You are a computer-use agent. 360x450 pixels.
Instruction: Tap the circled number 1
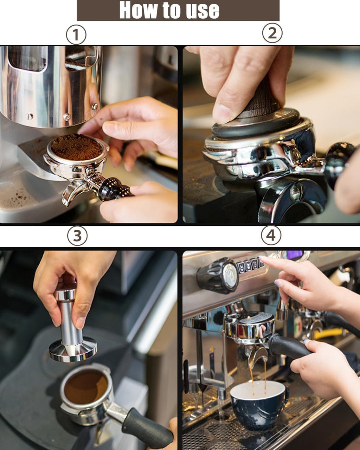76,34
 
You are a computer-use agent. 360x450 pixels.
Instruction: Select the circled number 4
271,235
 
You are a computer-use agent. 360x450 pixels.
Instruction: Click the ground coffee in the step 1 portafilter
77,147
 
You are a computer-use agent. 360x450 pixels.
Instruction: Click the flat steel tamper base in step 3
73,351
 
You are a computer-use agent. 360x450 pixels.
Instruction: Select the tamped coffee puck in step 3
86,387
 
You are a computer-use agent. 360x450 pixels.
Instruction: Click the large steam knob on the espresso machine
218,275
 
